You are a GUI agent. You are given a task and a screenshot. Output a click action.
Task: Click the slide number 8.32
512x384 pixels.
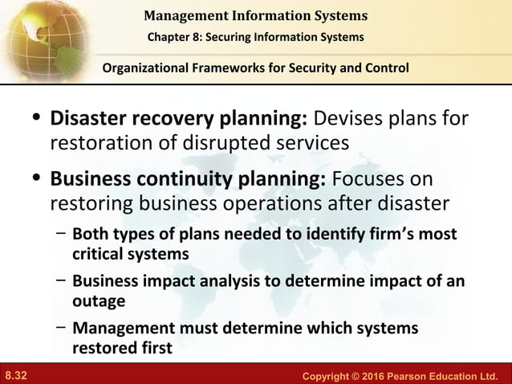pos(16,375)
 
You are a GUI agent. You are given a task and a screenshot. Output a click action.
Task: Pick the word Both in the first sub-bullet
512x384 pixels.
pos(88,235)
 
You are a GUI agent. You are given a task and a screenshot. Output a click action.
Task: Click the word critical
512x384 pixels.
pos(96,253)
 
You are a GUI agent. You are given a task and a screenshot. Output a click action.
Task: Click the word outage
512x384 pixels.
pos(98,301)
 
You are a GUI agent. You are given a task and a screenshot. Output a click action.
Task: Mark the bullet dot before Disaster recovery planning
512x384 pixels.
pos(35,121)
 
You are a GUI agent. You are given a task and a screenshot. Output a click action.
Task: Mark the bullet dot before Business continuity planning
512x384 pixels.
pos(35,178)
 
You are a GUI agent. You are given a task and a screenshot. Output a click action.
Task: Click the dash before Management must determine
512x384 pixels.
pos(61,329)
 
